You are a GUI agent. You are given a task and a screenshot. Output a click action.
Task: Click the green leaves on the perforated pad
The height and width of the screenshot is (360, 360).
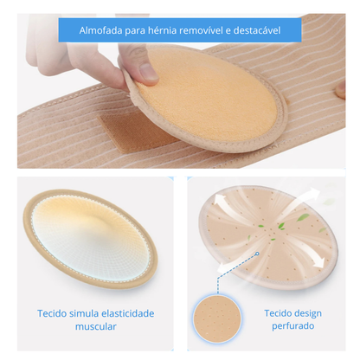pyautogui.click(x=271, y=229)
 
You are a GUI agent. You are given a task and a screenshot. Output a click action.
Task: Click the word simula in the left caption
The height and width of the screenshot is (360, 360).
pyautogui.click(x=83, y=313)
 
